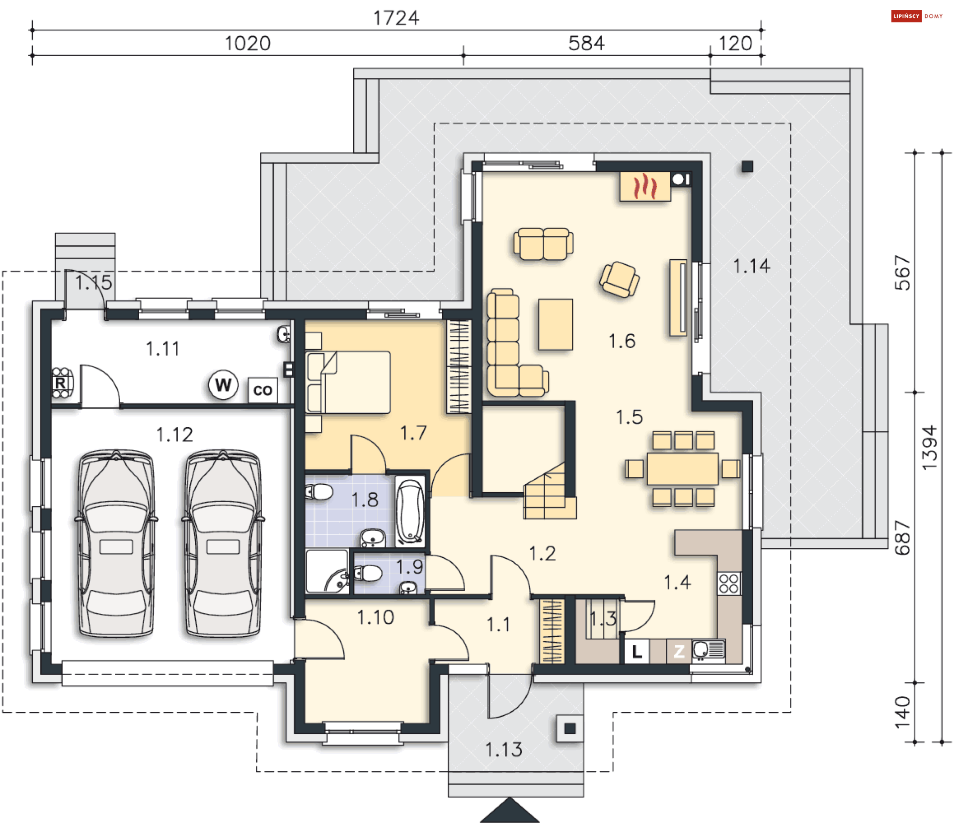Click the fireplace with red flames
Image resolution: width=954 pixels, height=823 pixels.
pos(645,186)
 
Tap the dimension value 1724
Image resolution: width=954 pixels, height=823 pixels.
pos(396,18)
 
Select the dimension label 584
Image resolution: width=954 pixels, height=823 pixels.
pos(586,44)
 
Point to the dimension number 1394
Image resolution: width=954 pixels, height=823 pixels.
pos(929,448)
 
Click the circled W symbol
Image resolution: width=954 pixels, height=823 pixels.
pos(223,384)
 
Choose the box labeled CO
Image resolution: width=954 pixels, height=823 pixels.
pos(262,390)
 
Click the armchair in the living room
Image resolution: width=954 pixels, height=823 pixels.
pos(619,279)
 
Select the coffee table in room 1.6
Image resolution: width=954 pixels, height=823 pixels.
pos(556,324)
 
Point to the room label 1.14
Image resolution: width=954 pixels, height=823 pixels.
pos(752,266)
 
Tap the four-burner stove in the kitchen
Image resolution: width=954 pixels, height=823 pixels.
pos(729,583)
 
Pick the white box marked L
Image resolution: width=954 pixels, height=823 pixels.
pos(637,651)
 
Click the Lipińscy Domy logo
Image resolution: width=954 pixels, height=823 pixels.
pos(917,16)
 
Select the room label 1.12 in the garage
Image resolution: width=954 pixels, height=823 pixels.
pos(174,435)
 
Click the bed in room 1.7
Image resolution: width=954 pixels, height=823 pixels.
pos(348,382)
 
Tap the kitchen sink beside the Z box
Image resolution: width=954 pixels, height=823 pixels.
pos(709,650)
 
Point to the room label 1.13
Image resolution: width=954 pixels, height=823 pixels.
pos(504,749)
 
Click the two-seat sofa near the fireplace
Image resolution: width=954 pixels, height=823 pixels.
pos(544,243)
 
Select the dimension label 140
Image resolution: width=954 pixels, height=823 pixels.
pos(902,712)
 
